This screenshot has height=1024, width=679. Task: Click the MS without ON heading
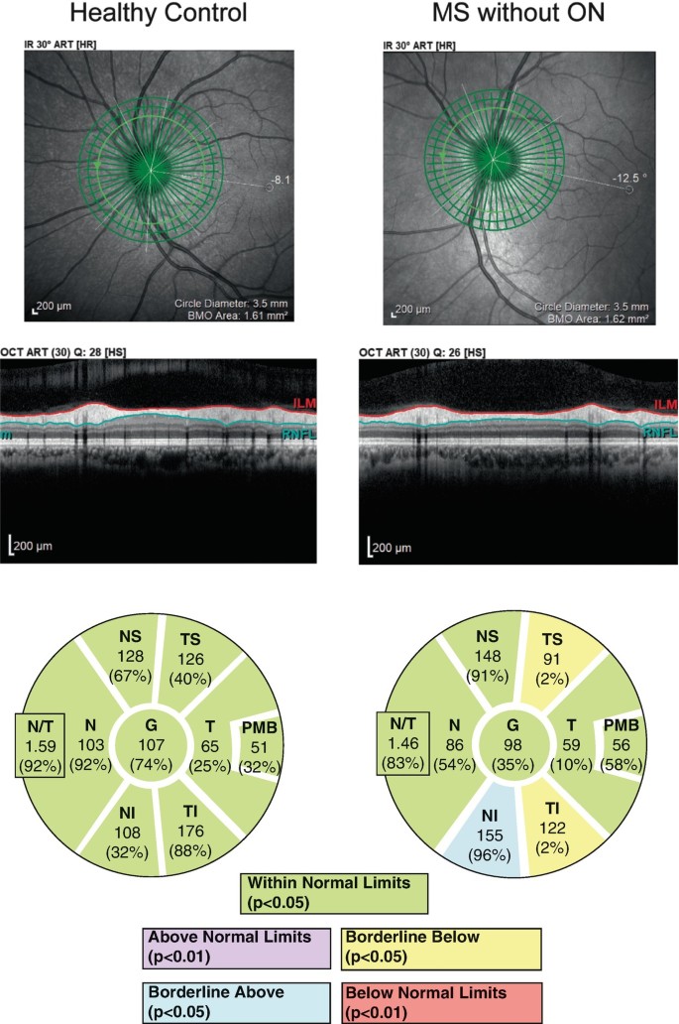517,15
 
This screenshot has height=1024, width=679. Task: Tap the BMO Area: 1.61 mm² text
230,320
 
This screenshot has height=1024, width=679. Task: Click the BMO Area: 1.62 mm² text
591,320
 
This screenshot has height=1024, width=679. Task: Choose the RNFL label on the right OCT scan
658,433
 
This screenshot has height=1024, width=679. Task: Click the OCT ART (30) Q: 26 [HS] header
420,353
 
